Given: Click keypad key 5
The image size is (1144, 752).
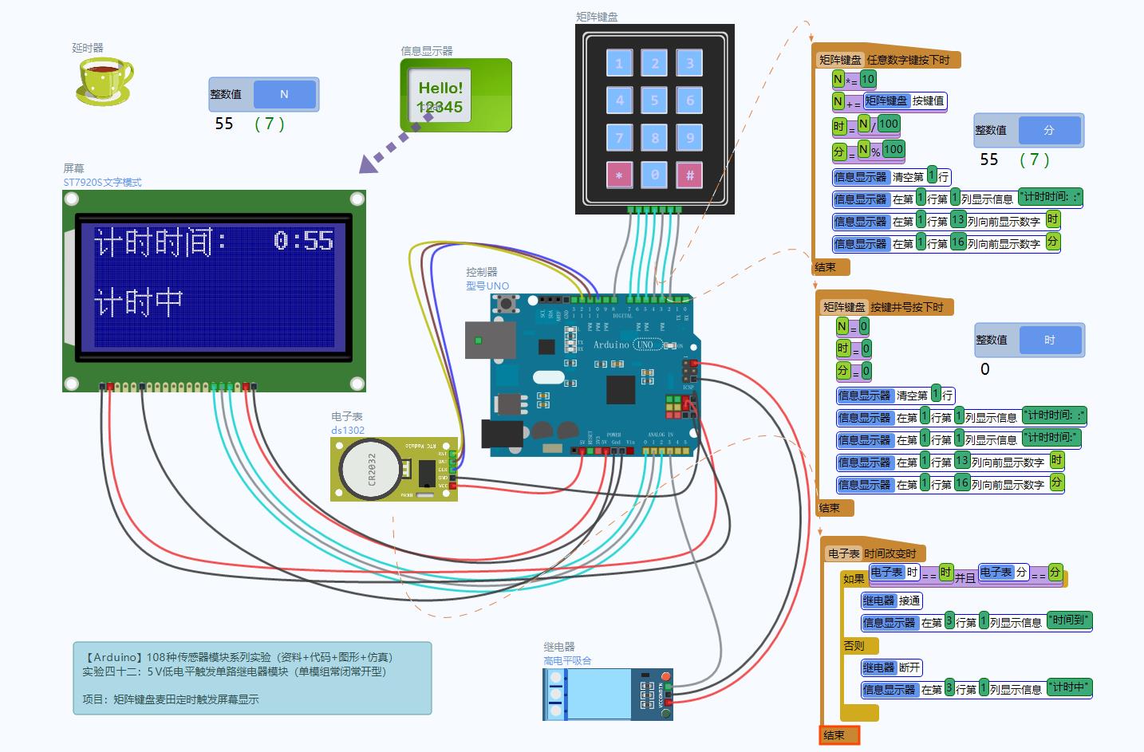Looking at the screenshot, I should point(654,100).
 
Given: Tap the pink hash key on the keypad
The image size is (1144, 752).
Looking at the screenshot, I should point(689,175).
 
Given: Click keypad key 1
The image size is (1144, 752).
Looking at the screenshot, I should point(619,63).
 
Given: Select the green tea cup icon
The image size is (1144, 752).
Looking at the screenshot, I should point(105,80).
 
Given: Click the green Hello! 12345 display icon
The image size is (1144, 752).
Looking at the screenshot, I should point(455,95).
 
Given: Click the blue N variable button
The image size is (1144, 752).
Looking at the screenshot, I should point(284,94).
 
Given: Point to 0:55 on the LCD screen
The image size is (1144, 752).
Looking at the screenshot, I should point(303,240).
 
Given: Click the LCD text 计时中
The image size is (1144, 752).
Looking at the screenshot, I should point(139,302).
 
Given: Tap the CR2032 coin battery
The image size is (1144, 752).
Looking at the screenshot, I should point(370,469).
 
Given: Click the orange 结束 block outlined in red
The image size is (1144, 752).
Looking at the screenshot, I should point(839,735).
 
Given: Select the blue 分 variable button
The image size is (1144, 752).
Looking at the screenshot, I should point(1049,130).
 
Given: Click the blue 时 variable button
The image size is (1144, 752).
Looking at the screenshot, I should point(1049,340).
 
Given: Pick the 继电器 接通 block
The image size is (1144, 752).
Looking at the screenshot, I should point(892,600).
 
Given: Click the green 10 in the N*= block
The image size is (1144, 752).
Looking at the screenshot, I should point(868,78).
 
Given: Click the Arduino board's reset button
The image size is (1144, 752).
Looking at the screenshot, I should point(505,303).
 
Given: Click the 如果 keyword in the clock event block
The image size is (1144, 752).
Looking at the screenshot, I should point(854,578).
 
